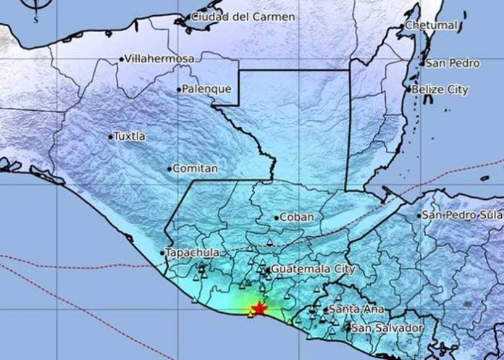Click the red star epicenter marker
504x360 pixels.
click(x=258, y=309)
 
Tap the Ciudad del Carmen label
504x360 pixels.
click(x=232, y=17)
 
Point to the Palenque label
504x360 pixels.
click(x=207, y=89)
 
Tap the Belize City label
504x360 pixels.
click(x=440, y=90)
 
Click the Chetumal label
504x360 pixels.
click(x=433, y=25)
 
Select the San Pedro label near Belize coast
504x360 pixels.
click(x=453, y=64)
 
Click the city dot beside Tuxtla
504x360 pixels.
click(x=111, y=136)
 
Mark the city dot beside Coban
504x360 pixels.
click(x=277, y=217)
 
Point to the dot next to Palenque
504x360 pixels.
click(x=179, y=89)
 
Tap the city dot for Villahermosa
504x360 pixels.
click(x=122, y=58)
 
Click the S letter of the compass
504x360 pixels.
click(x=35, y=20)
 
